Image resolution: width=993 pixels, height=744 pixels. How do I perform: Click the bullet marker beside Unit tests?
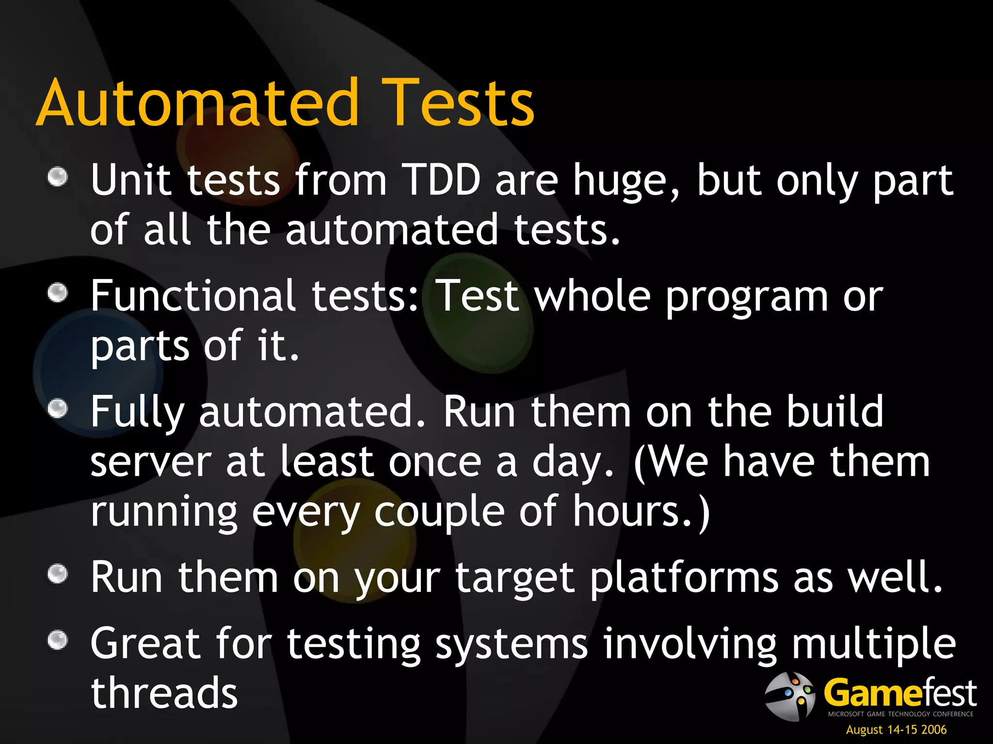pyautogui.click(x=58, y=176)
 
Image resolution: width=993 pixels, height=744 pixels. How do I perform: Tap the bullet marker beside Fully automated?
pyautogui.click(x=58, y=408)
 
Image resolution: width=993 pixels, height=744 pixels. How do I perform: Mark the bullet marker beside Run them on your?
pyautogui.click(x=58, y=573)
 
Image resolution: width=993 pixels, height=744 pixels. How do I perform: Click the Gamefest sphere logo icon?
pyautogui.click(x=789, y=696)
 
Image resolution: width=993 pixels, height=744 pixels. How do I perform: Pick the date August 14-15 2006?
pyautogui.click(x=896, y=729)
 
